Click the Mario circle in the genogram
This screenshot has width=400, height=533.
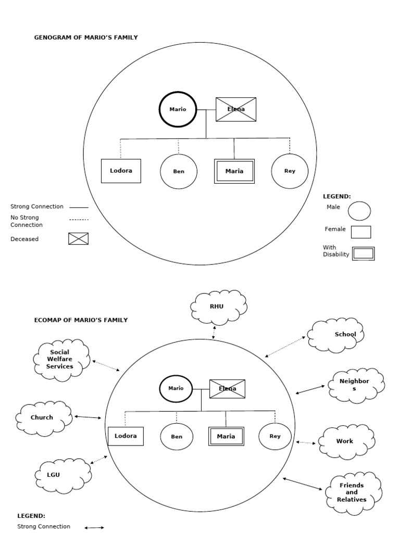click(x=178, y=109)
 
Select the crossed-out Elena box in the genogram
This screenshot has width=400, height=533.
click(x=236, y=109)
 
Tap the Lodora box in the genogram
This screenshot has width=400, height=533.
click(x=121, y=171)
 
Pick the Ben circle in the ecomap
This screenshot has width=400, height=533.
click(x=177, y=436)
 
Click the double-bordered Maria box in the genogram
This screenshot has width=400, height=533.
click(x=234, y=171)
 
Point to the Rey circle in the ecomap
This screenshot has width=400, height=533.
click(x=275, y=436)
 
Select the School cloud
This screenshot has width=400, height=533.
click(x=336, y=335)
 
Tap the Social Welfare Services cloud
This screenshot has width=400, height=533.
click(x=60, y=360)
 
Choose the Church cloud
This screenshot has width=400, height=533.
click(x=43, y=417)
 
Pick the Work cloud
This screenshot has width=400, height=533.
click(x=345, y=441)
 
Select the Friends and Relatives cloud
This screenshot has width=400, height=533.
click(x=353, y=492)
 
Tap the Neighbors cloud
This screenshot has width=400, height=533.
click(x=356, y=385)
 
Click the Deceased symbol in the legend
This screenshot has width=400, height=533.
click(x=78, y=239)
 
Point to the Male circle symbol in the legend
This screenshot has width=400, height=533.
click(x=359, y=211)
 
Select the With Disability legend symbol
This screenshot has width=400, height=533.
click(x=363, y=253)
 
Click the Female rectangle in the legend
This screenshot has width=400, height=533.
click(x=361, y=232)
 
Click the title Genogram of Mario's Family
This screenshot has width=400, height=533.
click(x=86, y=37)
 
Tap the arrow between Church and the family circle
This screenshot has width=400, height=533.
click(x=87, y=417)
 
